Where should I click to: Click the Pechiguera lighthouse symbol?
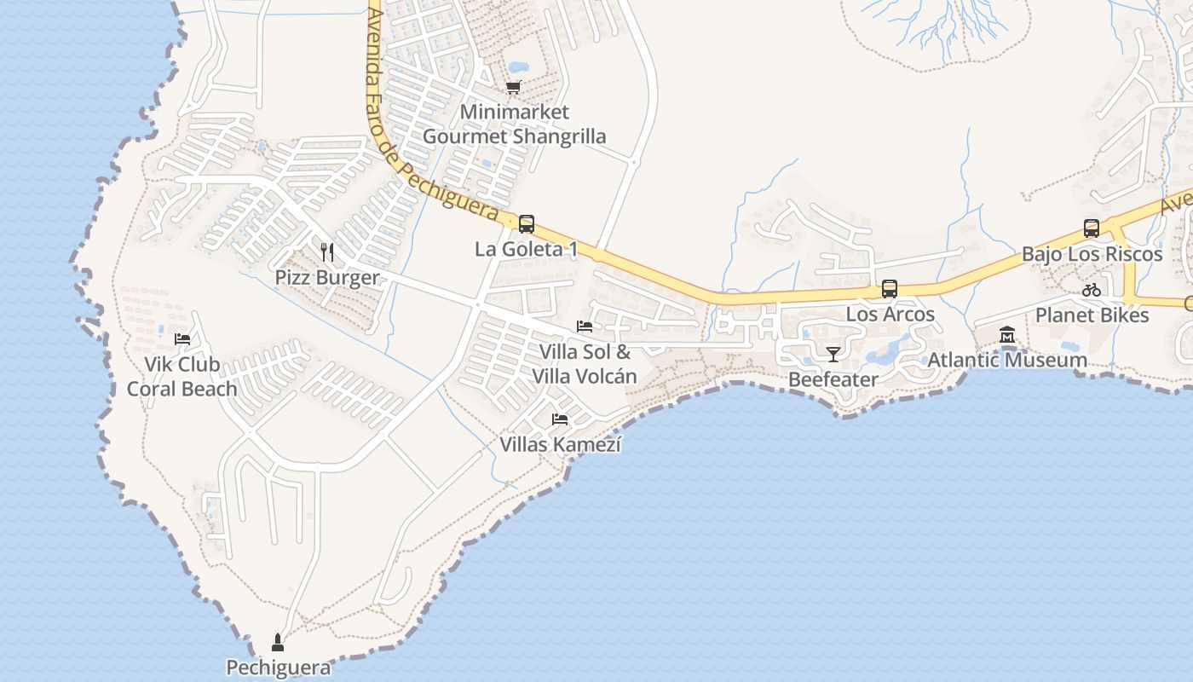(277, 642)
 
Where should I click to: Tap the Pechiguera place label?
(278, 668)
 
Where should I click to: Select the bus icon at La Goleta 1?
(527, 224)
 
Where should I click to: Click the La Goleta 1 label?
(526, 249)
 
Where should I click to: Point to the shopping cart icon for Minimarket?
(513, 87)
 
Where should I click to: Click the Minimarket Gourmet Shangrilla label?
(514, 124)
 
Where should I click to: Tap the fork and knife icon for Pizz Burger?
(327, 252)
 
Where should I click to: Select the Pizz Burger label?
(326, 278)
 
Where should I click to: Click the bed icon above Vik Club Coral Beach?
(182, 338)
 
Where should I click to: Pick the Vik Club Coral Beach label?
(182, 377)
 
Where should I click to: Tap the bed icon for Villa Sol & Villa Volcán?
(585, 327)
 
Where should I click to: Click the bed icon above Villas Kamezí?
(560, 419)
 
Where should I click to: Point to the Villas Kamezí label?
(560, 444)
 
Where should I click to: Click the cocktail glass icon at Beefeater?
(833, 354)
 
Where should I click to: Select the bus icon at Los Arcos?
(890, 289)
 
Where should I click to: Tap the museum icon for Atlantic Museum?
(1007, 334)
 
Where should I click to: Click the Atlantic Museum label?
(1007, 360)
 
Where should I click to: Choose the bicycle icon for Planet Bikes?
(1092, 290)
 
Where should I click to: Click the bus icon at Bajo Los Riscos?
(1092, 228)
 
